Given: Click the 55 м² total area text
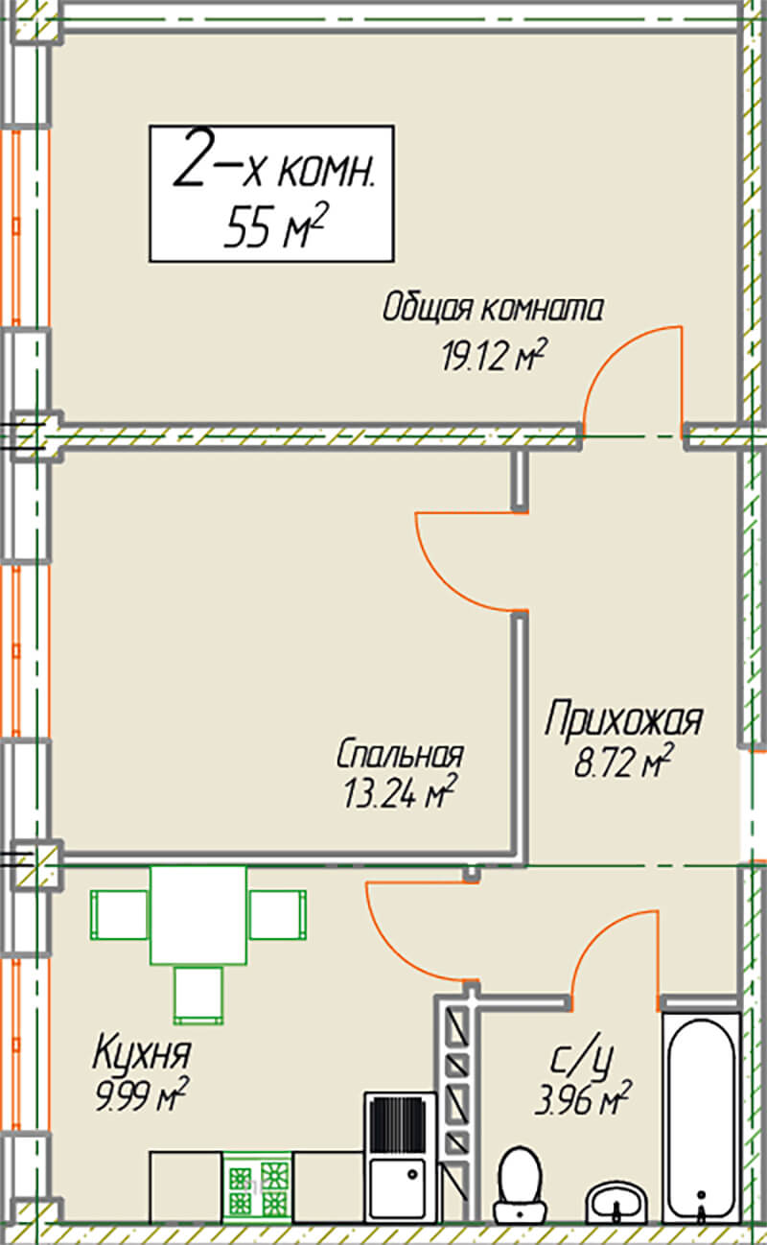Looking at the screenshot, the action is pos(275,225).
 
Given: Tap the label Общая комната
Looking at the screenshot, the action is pos(493,307).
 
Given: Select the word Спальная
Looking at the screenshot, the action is pos(400,754).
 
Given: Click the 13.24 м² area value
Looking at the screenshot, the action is pos(400,792).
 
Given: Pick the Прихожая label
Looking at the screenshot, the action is pos(623,721).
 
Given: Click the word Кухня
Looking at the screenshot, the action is pos(142,1052).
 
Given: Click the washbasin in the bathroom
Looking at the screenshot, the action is pos(617,1202).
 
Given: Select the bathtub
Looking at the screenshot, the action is pos(702,1117).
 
